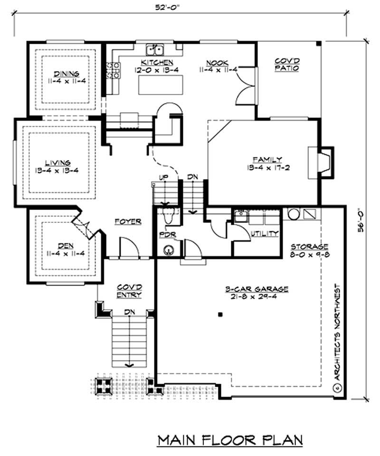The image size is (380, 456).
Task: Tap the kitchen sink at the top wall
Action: [155, 49]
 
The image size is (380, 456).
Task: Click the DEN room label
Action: [66, 246]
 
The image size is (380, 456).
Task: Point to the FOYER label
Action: [128, 221]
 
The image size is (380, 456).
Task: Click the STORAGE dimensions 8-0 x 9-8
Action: [310, 254]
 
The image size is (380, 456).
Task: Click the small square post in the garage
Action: [220, 314]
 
